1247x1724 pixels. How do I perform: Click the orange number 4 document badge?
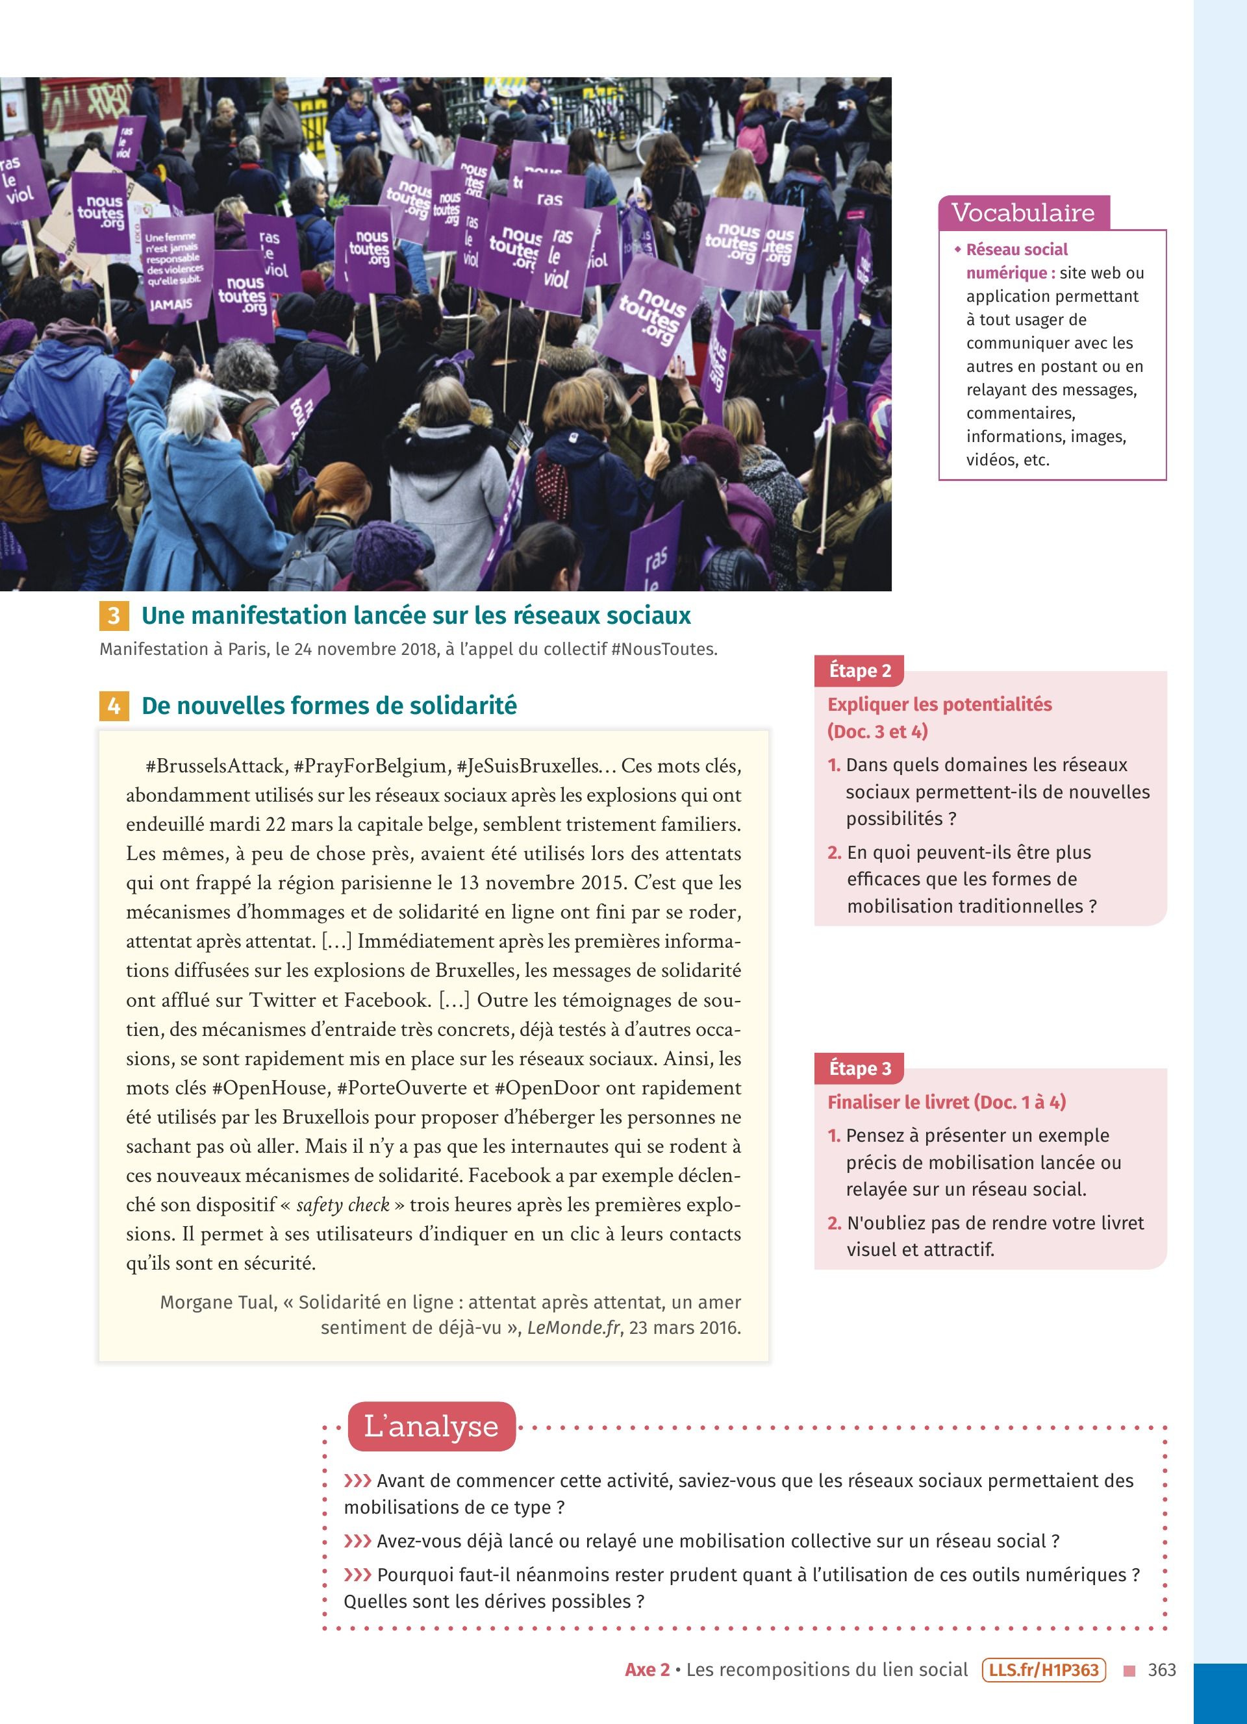tap(113, 706)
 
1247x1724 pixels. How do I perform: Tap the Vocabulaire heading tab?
tap(1023, 213)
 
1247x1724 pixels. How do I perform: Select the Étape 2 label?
tap(859, 671)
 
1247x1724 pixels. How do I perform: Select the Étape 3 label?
tap(859, 1068)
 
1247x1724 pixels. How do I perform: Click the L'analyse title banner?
tap(431, 1426)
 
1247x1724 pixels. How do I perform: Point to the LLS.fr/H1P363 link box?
tap(1043, 1670)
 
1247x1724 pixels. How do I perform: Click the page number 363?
tap(1162, 1670)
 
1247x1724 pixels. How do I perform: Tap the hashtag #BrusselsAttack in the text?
tap(215, 765)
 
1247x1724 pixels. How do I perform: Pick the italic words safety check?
tap(342, 1205)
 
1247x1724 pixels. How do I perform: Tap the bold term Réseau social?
tap(1016, 250)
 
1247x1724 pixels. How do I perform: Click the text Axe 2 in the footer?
tap(647, 1670)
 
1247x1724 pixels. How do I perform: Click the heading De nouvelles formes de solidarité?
tap(329, 706)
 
